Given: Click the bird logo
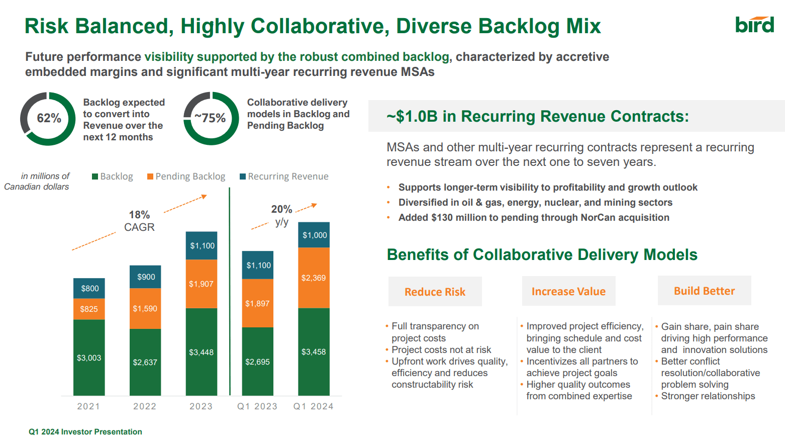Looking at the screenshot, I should (754, 25).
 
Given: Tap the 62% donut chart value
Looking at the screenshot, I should (49, 118).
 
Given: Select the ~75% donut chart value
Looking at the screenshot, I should (211, 118).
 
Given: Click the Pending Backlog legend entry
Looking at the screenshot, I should (186, 177).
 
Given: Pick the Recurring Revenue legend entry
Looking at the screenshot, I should (284, 177).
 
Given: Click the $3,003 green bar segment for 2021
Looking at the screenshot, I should (89, 358).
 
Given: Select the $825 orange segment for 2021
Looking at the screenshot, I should (89, 309).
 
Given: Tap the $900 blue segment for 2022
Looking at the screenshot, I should (146, 277).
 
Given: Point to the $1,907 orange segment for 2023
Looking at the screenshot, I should (201, 284).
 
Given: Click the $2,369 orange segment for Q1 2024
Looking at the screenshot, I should (314, 278).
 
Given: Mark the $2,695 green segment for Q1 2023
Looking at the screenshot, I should (257, 362).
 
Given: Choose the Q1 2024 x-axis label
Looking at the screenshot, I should (313, 406).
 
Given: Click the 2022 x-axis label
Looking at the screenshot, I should (145, 406).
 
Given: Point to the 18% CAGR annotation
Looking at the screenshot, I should (139, 221).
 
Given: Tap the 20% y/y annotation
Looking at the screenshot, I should (281, 215).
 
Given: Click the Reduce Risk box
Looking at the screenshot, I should (435, 292).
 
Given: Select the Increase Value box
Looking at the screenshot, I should (568, 291).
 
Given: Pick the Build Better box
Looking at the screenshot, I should (704, 291).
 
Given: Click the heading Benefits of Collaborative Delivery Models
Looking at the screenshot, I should (542, 254).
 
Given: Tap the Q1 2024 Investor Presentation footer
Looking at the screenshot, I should (85, 431).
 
